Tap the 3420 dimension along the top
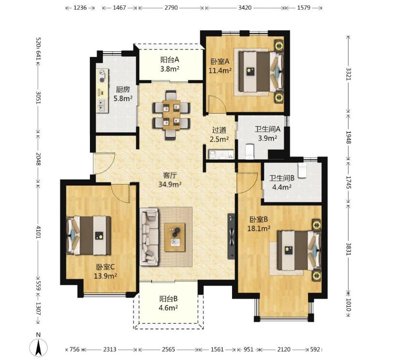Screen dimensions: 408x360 245,8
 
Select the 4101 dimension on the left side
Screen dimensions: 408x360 39,232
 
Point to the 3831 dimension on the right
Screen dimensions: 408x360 348,249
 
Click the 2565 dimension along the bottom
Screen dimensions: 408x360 168,349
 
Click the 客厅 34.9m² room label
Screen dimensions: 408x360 170,180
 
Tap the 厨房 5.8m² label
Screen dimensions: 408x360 123,94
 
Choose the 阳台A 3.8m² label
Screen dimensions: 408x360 170,64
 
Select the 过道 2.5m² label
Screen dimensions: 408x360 219,134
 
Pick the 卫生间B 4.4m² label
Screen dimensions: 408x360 282,182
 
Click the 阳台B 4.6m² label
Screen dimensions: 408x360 168,303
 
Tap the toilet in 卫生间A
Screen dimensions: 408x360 249,151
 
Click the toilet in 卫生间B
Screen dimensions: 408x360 302,171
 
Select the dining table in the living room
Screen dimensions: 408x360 172,115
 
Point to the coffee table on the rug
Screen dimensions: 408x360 175,237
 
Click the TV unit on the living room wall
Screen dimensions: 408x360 231,236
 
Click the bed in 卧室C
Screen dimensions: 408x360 89,235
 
